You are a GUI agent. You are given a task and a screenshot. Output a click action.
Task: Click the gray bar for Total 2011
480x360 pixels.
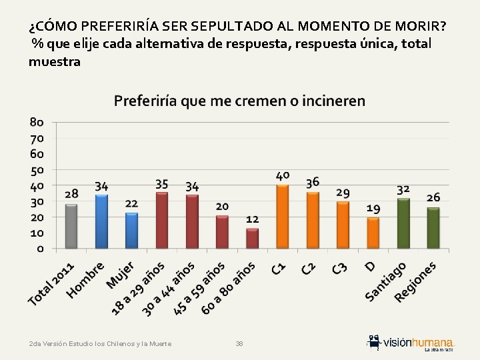[71, 226]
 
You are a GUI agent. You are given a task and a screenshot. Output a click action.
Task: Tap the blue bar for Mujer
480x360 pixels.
[131, 231]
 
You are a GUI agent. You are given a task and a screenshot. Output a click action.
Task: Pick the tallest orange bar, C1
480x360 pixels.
[282, 217]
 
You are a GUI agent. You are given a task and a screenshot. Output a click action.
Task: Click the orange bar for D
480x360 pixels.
[373, 233]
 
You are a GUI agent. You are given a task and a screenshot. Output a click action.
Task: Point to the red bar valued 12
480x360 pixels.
[252, 239]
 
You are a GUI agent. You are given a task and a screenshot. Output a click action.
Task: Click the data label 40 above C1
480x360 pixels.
[283, 175]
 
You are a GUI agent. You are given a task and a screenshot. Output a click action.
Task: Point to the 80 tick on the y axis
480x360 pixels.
[37, 122]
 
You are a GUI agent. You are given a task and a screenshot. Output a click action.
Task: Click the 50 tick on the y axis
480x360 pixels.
[37, 169]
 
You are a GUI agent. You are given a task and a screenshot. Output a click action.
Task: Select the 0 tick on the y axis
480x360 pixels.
[41, 249]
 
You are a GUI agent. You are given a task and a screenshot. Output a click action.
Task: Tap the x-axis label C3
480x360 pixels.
[339, 268]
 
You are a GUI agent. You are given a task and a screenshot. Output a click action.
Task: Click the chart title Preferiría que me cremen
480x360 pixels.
[239, 101]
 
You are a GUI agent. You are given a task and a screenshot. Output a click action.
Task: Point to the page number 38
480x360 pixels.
[239, 343]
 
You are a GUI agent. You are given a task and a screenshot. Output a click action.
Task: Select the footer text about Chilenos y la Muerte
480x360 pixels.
[100, 343]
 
